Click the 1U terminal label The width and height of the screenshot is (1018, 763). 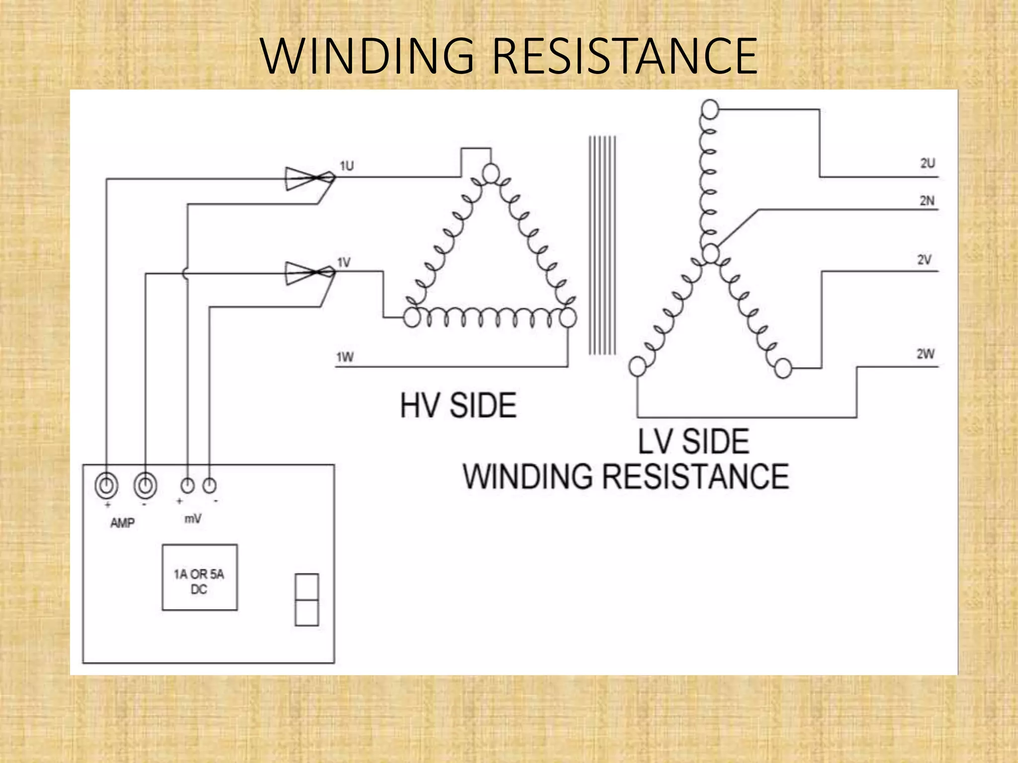coord(347,166)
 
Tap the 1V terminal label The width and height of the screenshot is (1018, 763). coord(344,262)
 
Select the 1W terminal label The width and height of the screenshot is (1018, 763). coord(345,357)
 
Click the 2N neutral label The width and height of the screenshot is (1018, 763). coord(927,201)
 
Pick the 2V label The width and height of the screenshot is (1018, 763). coord(925,260)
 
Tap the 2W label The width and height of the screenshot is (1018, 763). coord(926,354)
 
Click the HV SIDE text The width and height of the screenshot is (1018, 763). coord(458,406)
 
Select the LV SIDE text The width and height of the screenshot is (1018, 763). coord(693,441)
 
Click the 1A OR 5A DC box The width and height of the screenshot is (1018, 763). coord(199,577)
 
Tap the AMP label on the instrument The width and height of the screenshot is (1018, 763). coord(122,523)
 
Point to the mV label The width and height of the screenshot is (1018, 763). coord(193,519)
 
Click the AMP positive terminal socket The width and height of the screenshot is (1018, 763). coord(107,485)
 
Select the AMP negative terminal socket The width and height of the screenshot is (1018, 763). coord(145,485)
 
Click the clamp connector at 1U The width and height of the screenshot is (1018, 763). coord(308,178)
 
